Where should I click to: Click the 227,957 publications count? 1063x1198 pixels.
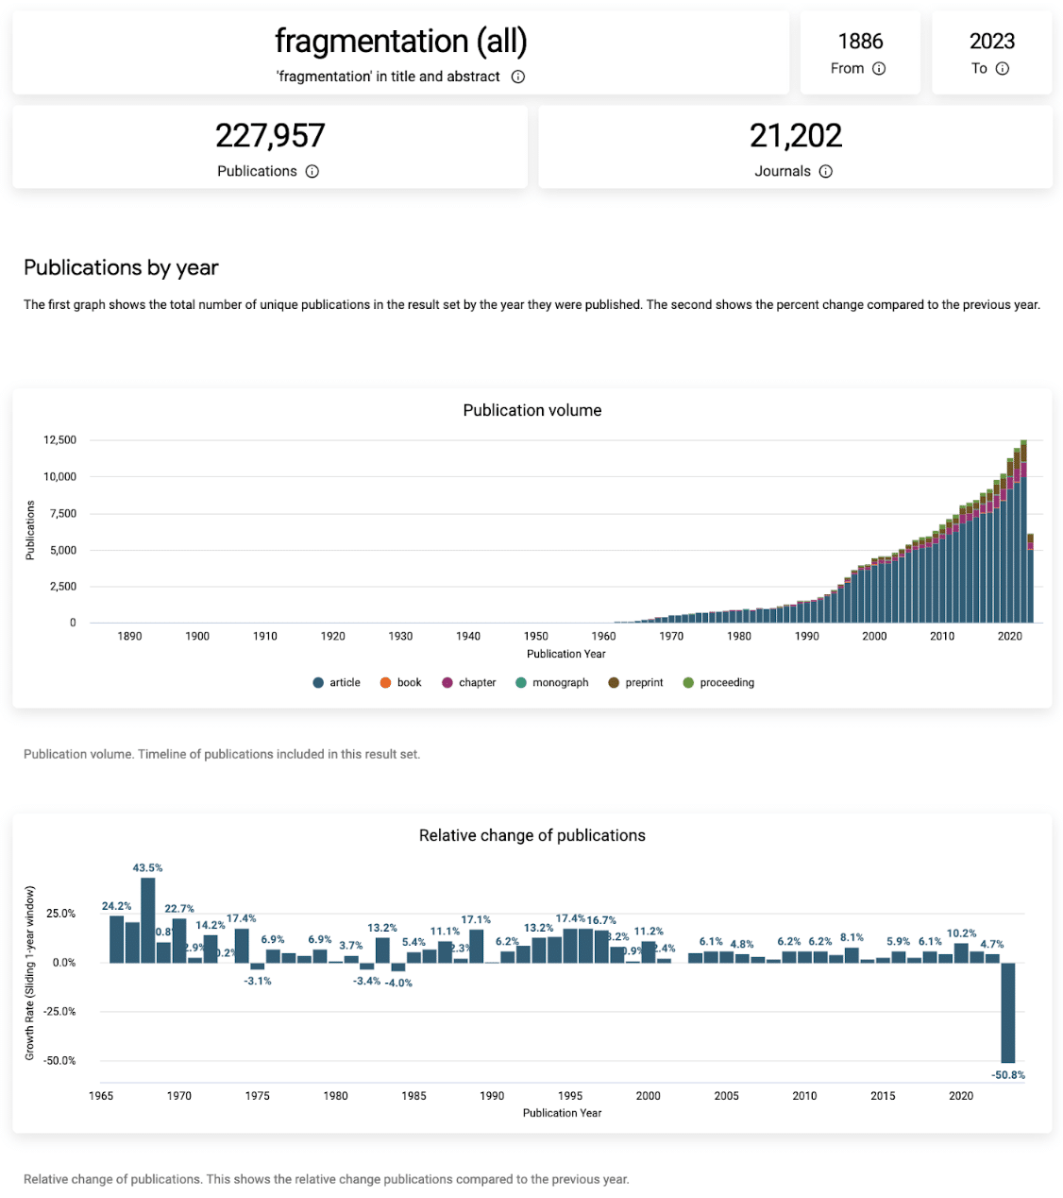(270, 136)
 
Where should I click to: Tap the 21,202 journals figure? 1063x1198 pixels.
(795, 136)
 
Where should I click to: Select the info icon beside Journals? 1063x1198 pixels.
(826, 171)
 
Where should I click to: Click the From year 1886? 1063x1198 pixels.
(860, 42)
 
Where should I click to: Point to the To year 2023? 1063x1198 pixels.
(991, 42)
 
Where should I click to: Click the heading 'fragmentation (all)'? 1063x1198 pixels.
(400, 42)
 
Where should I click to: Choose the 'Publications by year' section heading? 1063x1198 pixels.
(121, 267)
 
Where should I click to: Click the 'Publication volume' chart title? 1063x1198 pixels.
(531, 410)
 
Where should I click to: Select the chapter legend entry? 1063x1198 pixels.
(468, 682)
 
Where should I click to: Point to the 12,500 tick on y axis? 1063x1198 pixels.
(59, 440)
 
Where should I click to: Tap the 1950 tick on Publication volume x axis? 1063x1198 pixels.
(535, 636)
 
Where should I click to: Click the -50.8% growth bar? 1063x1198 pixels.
(1008, 1013)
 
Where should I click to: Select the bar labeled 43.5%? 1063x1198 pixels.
(148, 920)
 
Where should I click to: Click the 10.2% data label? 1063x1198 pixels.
(961, 933)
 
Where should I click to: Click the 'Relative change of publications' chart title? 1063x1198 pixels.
(531, 835)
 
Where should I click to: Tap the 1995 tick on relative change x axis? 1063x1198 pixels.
(569, 1096)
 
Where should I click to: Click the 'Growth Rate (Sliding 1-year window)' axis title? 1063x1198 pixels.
(30, 972)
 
